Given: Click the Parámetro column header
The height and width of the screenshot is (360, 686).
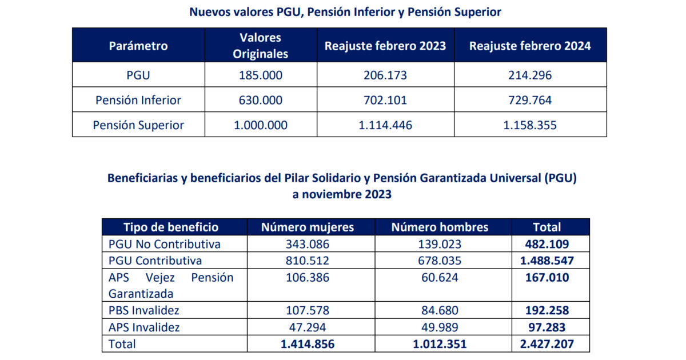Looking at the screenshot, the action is (138, 46).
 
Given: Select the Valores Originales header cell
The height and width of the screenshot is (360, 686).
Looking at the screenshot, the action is (261, 46).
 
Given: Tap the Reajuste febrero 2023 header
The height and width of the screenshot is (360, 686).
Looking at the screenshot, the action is (385, 46).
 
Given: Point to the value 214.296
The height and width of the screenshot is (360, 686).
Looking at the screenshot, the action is (530, 75).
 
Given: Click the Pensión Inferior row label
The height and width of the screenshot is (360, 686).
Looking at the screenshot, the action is (138, 100).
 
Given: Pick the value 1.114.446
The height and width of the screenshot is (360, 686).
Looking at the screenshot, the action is (385, 125).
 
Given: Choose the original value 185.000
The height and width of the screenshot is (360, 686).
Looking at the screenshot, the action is (261, 75).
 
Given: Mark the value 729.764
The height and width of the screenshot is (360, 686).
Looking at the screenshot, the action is (530, 100).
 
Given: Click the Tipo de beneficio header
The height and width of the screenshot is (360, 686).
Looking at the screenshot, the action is (171, 227).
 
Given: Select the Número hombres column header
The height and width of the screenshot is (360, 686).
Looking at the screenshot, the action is (440, 227).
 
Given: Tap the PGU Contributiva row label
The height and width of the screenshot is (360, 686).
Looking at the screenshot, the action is (155, 261).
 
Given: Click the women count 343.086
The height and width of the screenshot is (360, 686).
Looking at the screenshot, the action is (308, 244).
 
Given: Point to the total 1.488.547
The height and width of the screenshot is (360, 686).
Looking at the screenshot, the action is (547, 261).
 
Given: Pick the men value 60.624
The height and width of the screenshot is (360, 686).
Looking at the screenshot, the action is (440, 277).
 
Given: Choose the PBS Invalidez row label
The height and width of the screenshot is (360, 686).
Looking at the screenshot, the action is (144, 310).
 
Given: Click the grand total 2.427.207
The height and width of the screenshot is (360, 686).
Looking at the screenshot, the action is (547, 344).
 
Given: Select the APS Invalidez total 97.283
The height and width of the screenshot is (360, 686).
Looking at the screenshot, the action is (547, 327).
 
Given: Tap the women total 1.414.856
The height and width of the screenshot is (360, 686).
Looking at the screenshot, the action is (308, 344).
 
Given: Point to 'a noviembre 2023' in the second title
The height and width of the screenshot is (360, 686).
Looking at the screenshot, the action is (342, 194).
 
